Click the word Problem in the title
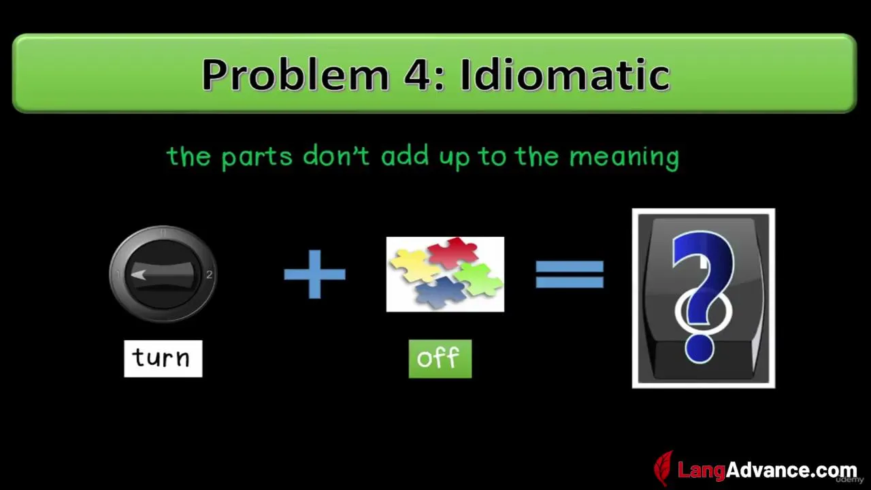295,75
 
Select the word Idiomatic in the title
565,74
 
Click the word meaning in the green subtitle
624,158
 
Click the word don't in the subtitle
336,156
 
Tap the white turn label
163,359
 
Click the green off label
440,359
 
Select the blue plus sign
314,274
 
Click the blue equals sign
570,274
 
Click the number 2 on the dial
209,274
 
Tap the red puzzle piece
453,252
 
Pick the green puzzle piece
478,279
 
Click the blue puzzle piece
441,293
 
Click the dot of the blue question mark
699,349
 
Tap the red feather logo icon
663,468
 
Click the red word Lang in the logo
702,470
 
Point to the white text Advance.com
791,470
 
